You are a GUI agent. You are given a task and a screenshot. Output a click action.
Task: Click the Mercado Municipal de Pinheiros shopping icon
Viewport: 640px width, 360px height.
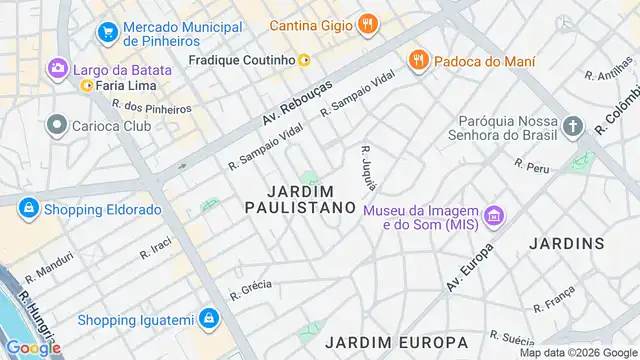107,33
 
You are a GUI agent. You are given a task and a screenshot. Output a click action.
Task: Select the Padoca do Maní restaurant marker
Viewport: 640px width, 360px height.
419,62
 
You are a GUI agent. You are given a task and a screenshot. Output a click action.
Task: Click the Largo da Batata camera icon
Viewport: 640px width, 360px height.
57,69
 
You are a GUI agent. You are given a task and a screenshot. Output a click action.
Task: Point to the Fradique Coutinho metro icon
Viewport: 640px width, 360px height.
304,60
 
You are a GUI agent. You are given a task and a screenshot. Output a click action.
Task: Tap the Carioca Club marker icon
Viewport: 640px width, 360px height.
56,126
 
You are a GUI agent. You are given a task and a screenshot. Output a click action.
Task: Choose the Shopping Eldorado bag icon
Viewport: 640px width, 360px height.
28,208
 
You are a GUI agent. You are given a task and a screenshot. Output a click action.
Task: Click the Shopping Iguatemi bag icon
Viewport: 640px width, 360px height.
208,319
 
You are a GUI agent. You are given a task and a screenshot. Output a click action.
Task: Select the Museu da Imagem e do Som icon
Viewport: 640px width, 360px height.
492,216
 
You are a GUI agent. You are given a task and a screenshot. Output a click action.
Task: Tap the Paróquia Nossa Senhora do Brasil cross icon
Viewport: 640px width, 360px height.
572,127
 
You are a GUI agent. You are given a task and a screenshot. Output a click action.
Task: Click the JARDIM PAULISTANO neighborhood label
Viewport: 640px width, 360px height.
300,198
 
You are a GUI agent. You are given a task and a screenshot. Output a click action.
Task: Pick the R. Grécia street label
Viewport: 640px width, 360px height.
251,290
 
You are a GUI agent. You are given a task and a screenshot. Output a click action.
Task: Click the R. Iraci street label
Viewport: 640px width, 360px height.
157,247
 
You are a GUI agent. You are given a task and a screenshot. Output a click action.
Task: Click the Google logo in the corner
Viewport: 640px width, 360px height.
32,348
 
